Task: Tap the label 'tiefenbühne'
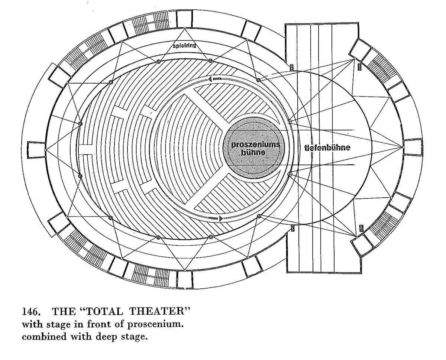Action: point(327,147)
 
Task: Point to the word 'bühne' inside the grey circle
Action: point(253,152)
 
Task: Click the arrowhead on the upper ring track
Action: point(210,79)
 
